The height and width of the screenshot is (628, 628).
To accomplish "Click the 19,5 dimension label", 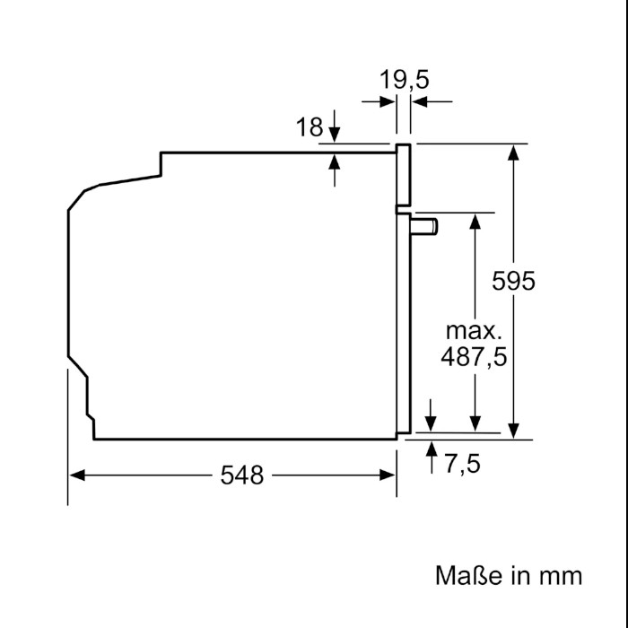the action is (404, 79).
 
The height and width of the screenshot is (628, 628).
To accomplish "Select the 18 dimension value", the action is (310, 127).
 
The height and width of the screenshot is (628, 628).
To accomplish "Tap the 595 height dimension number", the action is (513, 280).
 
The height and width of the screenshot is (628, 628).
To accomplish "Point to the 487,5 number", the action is (474, 356).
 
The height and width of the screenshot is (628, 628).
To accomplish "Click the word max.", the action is (474, 331).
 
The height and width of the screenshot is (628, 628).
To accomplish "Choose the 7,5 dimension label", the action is (462, 464).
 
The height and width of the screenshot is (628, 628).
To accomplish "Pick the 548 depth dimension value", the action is (242, 475).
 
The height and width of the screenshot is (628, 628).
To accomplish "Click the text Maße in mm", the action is (509, 576).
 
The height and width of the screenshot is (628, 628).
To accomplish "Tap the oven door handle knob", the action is (423, 227).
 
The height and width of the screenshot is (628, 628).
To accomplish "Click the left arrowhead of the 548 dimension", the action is (76, 475).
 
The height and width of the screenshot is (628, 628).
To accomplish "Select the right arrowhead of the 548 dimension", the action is (388, 475).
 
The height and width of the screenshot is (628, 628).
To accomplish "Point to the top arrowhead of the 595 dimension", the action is (513, 153).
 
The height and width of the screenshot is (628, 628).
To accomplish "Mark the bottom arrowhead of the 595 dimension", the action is (513, 431).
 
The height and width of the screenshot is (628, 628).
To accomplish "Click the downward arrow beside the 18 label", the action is (335, 126).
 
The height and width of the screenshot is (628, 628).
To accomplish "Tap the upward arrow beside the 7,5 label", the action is (432, 458).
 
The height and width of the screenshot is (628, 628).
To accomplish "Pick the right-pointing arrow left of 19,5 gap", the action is (378, 101).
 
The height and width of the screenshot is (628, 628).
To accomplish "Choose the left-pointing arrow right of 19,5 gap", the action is (432, 101).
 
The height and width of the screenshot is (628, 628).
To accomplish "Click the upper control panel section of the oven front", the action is (404, 175).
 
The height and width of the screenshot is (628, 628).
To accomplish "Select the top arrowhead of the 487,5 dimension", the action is (475, 222).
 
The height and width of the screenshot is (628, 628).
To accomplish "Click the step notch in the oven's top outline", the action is (161, 164).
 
